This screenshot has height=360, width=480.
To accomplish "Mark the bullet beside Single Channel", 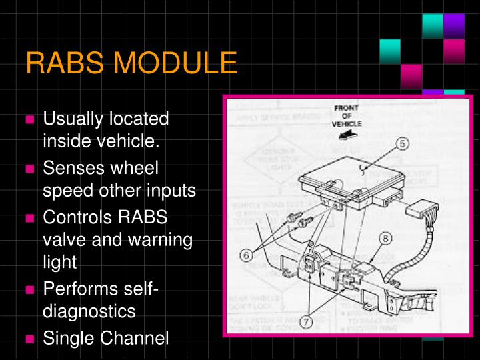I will click(x=30, y=339).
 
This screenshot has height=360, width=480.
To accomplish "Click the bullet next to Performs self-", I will click(x=30, y=290).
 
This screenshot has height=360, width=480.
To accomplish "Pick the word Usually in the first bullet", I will click(x=71, y=120).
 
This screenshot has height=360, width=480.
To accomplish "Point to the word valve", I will click(x=63, y=239).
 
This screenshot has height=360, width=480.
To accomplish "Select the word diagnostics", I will click(x=89, y=311).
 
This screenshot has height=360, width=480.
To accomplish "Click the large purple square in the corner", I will click(x=455, y=25).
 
